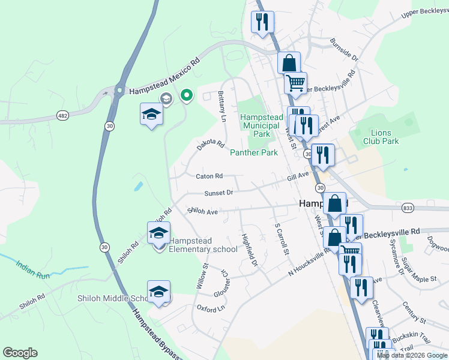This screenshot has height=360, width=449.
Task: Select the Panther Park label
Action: (254, 152)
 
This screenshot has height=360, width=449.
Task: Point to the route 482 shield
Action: (62, 114)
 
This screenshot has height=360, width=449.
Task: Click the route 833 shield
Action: (409, 207)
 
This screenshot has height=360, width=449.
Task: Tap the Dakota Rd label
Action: (210, 145)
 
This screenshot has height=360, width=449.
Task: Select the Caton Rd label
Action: (209, 176)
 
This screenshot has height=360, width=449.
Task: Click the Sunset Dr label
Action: (218, 193)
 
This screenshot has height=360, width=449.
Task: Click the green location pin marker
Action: (187, 95)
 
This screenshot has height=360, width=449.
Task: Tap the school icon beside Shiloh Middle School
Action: (158, 292)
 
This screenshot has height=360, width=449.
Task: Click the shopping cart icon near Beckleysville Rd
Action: (295, 83)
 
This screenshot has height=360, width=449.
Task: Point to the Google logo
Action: (20, 353)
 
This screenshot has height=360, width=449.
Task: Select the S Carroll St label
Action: (282, 239)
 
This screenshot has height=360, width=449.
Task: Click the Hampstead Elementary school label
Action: (203, 245)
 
